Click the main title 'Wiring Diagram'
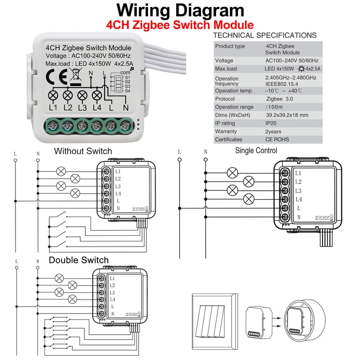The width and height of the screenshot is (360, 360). pos(180,10)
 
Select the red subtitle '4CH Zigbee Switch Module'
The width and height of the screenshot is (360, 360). pos(180,25)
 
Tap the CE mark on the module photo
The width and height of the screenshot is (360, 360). pos(53,76)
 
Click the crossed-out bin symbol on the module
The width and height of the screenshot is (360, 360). pos(75,75)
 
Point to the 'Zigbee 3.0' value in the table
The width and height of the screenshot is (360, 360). pos(280,99)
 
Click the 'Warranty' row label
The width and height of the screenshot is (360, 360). pos(226,131)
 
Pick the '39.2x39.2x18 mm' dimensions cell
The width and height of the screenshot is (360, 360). pos(287,115)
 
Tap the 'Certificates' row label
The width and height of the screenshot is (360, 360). pos(229,139)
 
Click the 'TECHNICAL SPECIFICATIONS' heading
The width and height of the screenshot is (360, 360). pos(265,36)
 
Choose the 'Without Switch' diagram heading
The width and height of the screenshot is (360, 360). pos(83,151)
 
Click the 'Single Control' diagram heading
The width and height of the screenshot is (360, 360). pos(256,150)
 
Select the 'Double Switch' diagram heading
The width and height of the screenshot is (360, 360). pos(78,260)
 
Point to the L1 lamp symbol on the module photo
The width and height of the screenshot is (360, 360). pos(53,96)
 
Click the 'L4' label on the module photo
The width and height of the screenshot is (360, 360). pos(97,108)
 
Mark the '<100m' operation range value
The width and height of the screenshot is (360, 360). pos(274,107)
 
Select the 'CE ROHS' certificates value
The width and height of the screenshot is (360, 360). pos(277,139)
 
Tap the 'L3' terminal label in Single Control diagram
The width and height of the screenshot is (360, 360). pos(298,191)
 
